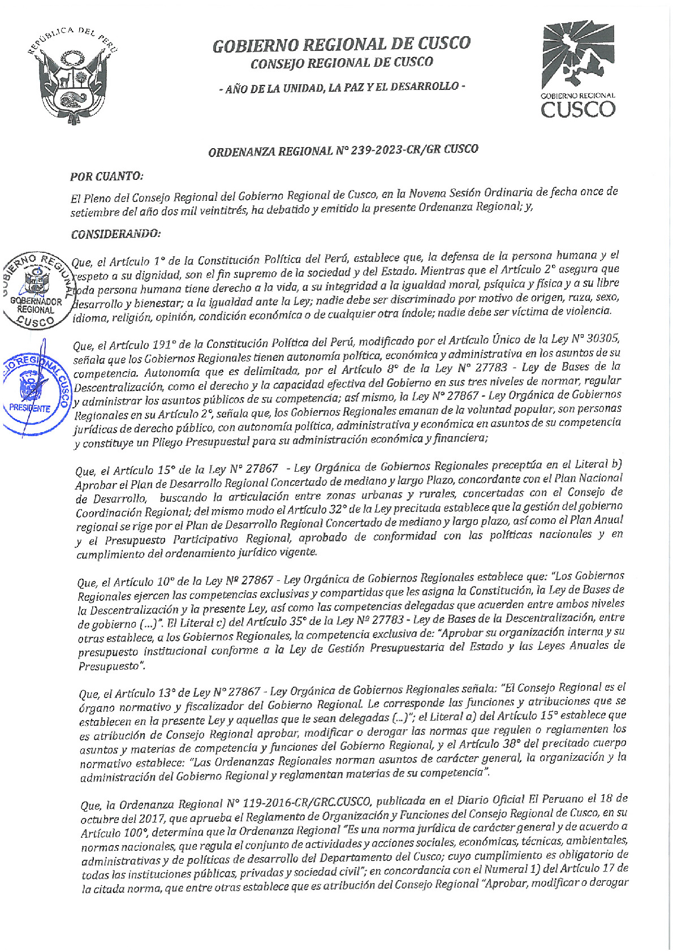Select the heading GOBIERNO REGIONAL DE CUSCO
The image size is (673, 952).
[341, 44]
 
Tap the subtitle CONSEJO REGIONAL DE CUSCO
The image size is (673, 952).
[342, 63]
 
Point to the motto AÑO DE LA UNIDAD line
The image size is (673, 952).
[342, 87]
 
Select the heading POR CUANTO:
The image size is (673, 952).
[106, 176]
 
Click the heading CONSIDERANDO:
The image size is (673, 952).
[115, 233]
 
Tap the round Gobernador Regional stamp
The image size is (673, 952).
[36, 290]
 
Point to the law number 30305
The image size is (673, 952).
[602, 339]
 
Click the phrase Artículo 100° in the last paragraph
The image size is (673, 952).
[115, 833]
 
